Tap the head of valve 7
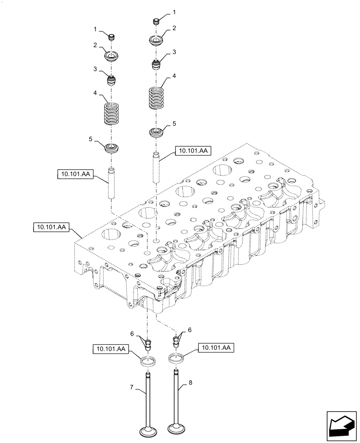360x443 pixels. (x=148, y=431)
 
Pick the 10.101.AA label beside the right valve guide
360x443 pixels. (x=193, y=151)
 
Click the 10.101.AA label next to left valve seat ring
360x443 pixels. (x=110, y=350)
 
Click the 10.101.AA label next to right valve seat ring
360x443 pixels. (x=215, y=348)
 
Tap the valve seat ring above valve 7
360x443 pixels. (x=148, y=361)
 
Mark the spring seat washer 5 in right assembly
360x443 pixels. (x=156, y=132)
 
